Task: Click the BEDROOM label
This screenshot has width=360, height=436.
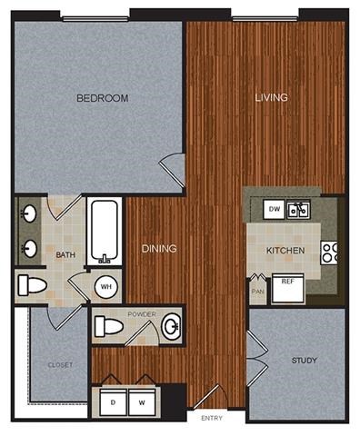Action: pos(102,98)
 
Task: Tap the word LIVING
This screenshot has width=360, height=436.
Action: pos(271,98)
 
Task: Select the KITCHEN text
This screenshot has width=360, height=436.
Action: pos(285,250)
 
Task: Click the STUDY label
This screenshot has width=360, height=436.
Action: pos(304,362)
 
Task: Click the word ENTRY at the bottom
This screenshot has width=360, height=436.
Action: pos(212,419)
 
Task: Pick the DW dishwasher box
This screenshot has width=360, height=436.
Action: pos(274,210)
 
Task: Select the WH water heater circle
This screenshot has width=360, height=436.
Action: pos(106,287)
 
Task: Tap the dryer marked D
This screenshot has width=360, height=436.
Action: pos(114,399)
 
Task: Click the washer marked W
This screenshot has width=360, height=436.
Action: pos(142,399)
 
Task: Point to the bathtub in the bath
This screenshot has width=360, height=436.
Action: pos(105,232)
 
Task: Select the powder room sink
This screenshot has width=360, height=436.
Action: pos(169,326)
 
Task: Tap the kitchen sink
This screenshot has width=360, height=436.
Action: pos(299,211)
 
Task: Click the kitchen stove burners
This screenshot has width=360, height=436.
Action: pos(329,253)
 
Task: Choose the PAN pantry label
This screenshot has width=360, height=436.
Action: pos(257,291)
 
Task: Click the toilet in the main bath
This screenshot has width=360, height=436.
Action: pos(33,286)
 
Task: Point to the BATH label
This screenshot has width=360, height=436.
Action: pos(65,255)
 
